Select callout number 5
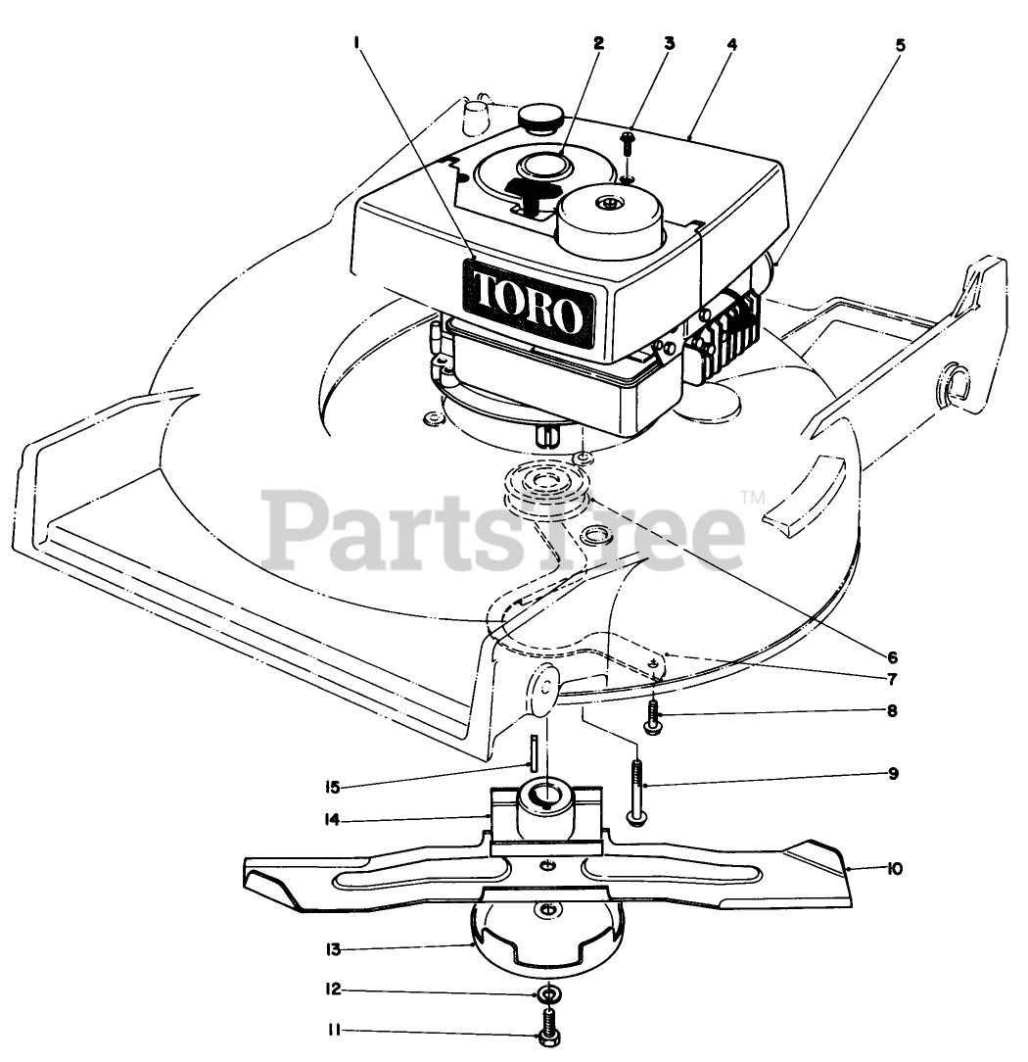point(900,44)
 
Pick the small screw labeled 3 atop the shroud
point(629,145)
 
